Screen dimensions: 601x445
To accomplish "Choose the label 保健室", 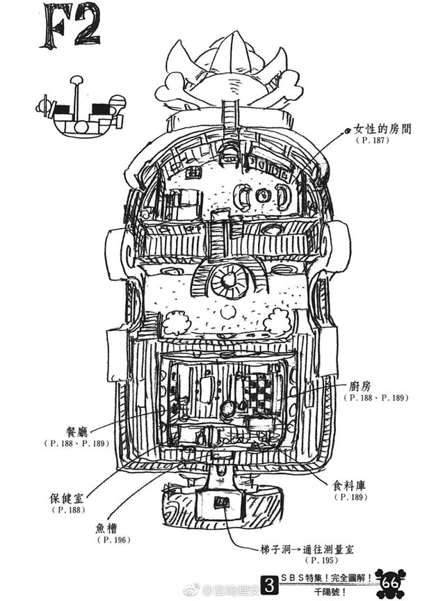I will (68, 499).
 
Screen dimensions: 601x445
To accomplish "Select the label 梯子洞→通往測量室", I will (308, 550).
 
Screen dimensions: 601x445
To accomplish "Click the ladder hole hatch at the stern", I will (221, 502).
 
